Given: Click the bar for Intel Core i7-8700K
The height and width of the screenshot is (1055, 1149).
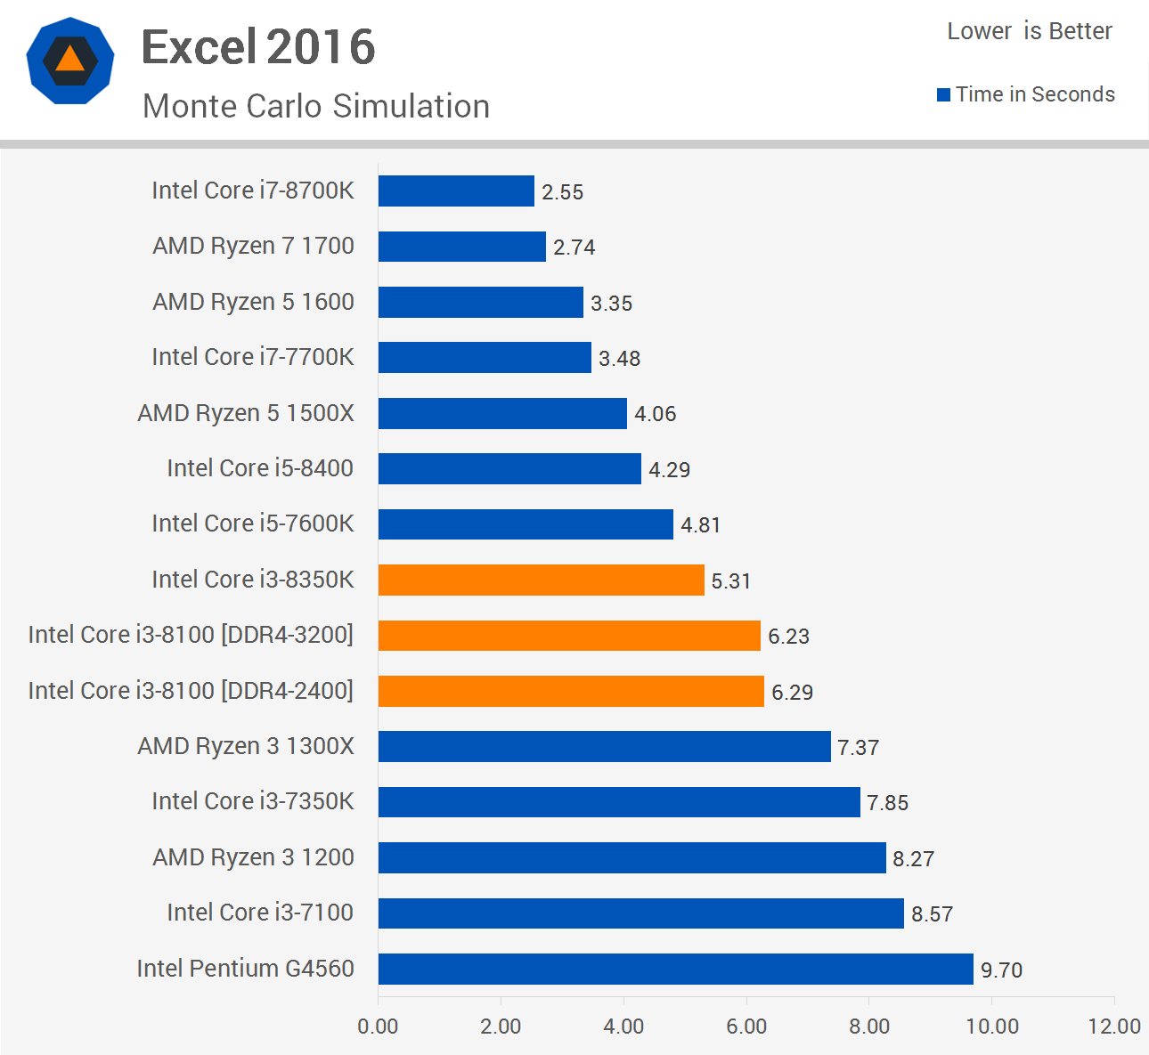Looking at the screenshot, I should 456,191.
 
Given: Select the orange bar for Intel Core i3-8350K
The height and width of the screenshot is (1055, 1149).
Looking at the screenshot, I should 541,580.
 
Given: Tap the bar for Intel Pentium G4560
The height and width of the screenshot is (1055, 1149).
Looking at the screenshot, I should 675,969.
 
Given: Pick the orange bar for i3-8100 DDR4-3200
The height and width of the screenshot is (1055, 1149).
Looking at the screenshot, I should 569,636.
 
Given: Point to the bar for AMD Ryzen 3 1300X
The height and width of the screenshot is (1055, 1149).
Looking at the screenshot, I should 604,747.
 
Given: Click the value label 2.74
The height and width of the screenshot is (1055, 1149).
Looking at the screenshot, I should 574,248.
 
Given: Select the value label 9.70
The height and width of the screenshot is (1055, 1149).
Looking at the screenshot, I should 1001,970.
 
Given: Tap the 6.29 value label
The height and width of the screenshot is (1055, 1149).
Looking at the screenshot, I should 792,693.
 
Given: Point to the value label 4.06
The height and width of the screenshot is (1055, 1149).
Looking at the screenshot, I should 655,414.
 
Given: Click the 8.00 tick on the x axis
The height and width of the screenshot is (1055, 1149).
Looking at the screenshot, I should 868,1027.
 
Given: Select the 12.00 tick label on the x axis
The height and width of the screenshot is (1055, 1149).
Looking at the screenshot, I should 1113,1027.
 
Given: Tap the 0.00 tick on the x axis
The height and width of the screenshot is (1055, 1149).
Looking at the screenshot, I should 378,1027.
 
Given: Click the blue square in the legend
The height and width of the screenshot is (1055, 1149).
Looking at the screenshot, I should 943,95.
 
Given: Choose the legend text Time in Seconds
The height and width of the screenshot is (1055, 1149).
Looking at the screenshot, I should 1035,94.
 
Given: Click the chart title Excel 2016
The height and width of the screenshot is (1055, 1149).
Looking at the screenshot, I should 258,47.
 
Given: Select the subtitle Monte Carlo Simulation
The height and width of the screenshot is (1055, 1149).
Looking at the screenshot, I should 316,106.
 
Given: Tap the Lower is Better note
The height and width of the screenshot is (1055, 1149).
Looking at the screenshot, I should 1029,31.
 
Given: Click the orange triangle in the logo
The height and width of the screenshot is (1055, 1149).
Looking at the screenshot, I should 69,61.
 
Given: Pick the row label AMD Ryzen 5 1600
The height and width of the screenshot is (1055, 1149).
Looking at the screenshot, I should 253,302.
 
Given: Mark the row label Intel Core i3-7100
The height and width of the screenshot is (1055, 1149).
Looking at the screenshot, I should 260,913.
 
